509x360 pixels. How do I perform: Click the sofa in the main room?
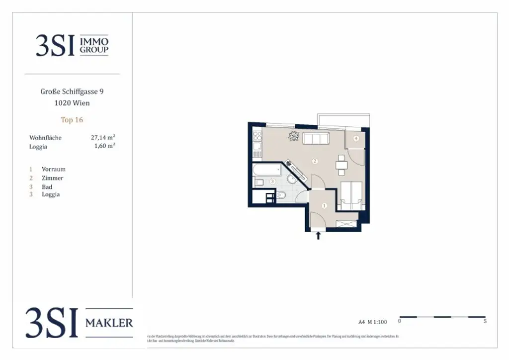pos(316,139)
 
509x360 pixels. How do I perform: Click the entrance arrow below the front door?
pos(318,236)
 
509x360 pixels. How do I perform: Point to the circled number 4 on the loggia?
pos(356,139)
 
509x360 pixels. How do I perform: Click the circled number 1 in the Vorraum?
pos(325,205)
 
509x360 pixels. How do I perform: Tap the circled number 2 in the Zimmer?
pos(314,161)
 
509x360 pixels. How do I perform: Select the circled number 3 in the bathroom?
pos(272,182)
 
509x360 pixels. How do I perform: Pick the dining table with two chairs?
pos(341,165)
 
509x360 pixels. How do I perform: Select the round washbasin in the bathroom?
pos(291,180)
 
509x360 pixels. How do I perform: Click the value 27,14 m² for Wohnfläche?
pos(105,137)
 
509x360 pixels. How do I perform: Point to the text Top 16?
pos(72,120)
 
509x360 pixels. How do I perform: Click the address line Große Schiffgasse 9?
pos(72,91)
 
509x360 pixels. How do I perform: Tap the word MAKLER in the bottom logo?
pos(109,323)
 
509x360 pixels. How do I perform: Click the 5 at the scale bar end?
pos(485,321)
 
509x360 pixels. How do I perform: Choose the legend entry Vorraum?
pos(53,169)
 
